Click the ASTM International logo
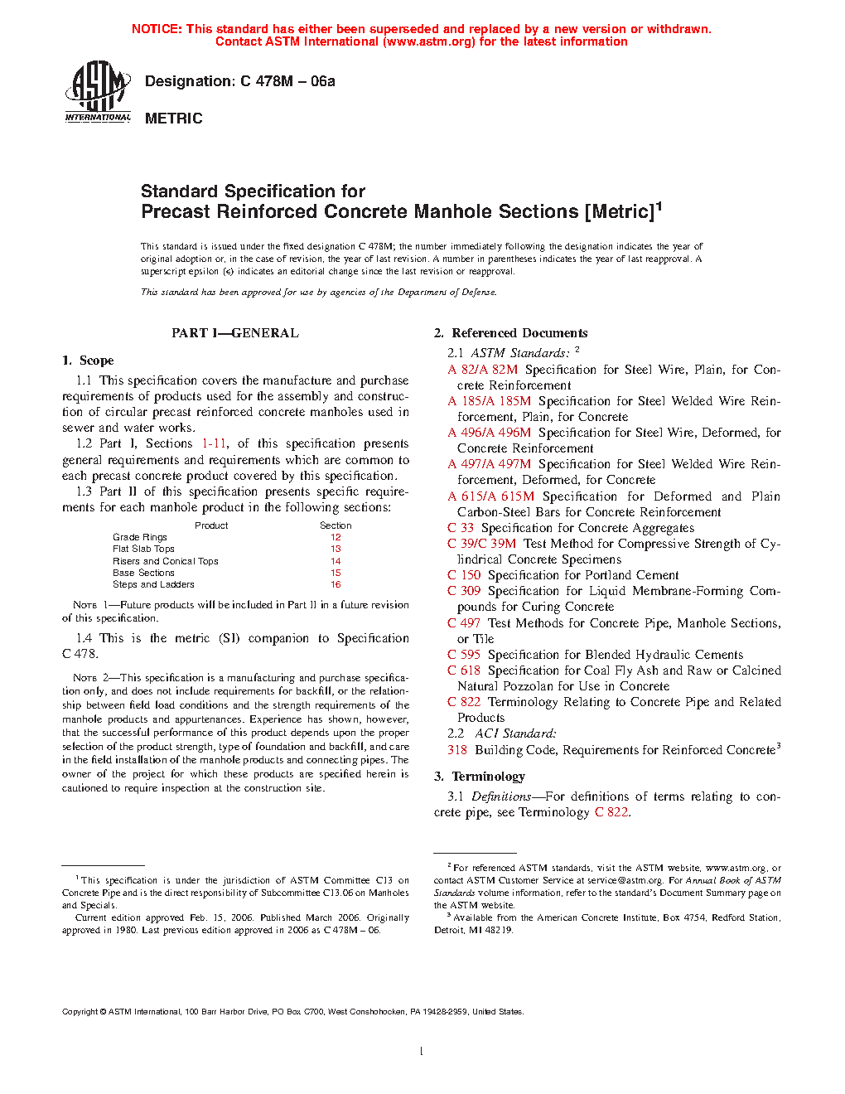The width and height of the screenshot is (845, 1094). click(x=98, y=93)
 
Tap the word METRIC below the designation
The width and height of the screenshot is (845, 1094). click(x=174, y=119)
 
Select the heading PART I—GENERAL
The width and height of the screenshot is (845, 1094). click(x=235, y=333)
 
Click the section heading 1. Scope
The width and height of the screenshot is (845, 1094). click(x=88, y=361)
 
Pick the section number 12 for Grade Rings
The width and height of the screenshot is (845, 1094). click(x=336, y=537)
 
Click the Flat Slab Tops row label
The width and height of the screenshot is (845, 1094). click(x=143, y=549)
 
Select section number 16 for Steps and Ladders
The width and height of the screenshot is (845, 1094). click(x=336, y=584)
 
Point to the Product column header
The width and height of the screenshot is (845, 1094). click(x=211, y=525)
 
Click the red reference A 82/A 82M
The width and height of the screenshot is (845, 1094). click(x=483, y=370)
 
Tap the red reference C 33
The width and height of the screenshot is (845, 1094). click(x=461, y=528)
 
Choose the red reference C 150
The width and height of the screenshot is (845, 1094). click(x=464, y=575)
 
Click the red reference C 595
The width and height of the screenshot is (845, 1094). click(x=464, y=655)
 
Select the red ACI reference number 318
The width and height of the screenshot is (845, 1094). click(x=457, y=750)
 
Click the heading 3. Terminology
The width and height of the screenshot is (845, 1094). click(x=480, y=777)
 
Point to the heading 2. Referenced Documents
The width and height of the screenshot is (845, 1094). click(x=510, y=333)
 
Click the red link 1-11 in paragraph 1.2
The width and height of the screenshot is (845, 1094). click(x=214, y=443)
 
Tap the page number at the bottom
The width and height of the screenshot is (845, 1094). click(x=422, y=1052)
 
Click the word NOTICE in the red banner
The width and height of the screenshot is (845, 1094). click(x=157, y=29)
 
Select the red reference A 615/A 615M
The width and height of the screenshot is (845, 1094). click(x=491, y=496)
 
